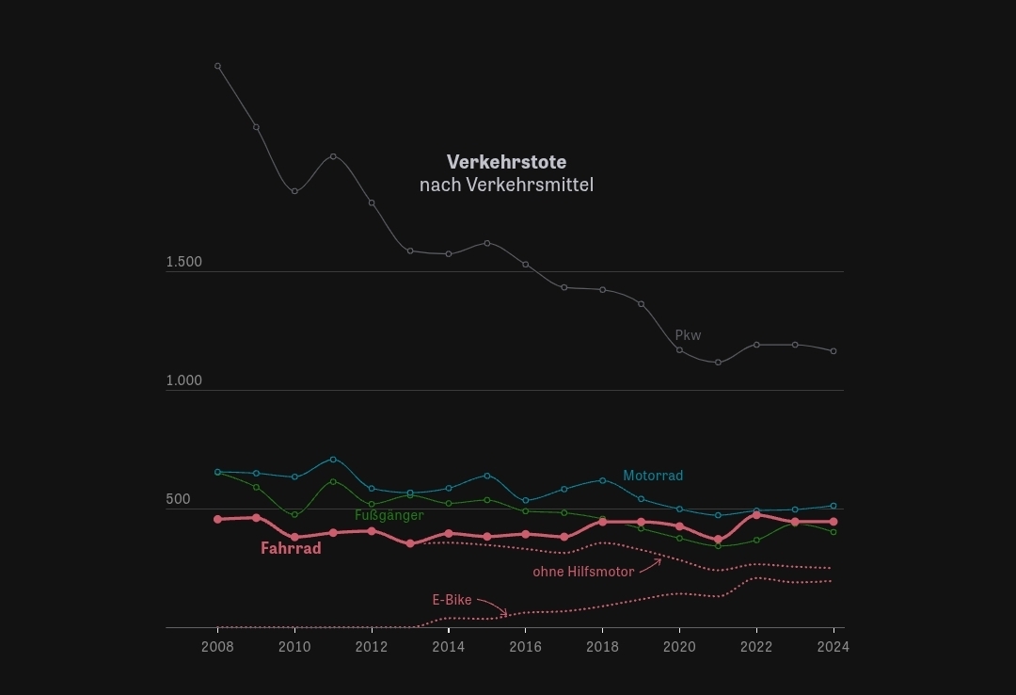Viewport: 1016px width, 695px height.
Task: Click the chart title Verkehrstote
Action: pos(506,162)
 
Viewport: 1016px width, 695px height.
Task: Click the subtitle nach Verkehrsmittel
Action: pos(506,185)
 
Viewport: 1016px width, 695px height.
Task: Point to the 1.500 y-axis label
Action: pos(184,262)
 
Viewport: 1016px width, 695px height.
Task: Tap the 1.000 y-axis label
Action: pos(184,380)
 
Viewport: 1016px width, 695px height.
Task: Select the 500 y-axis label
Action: pos(178,499)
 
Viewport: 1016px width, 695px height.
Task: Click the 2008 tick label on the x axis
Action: pos(217,646)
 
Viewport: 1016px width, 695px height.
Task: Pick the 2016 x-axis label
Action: pos(525,646)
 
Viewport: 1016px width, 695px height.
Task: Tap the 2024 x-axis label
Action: pos(833,646)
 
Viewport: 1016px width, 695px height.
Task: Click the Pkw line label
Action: pos(688,335)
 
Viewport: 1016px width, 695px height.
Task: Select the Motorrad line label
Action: pos(653,476)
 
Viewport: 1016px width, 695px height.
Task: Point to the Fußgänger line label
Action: pos(389,515)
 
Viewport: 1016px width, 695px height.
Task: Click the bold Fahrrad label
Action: pos(291,548)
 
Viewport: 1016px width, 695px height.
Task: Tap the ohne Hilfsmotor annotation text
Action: pos(583,572)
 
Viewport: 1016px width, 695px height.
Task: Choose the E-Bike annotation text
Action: pos(452,600)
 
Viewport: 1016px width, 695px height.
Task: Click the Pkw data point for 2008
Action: pos(217,66)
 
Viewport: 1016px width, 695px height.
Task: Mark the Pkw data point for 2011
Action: pos(333,156)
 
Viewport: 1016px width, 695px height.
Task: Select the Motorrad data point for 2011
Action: pos(333,460)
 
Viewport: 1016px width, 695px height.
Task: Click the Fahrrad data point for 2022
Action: pos(756,514)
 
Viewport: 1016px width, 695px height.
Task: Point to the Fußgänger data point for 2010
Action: pos(294,514)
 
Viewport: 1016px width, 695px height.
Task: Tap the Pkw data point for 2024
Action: pos(833,351)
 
